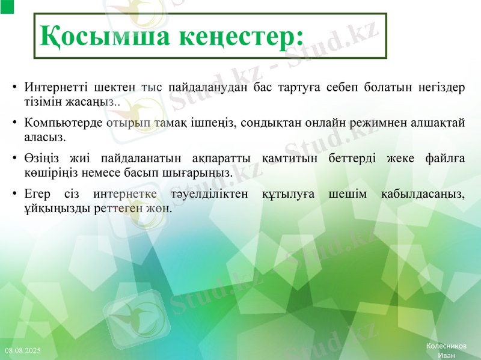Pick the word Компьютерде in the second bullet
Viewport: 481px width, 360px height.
(x=63, y=123)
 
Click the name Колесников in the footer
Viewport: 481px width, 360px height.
(x=446, y=346)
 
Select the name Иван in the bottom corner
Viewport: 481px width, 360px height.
(x=446, y=355)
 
